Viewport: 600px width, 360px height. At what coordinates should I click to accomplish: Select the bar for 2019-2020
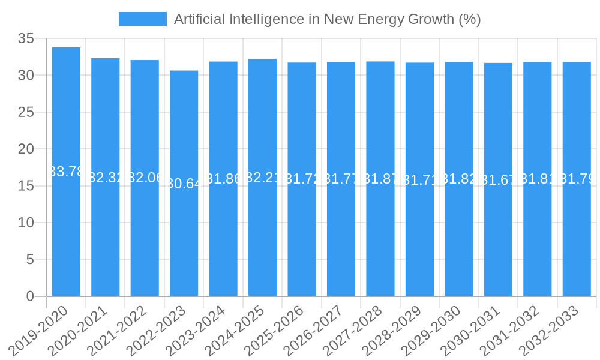click(66, 228)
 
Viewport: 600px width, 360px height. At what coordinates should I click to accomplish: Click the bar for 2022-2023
click(184, 240)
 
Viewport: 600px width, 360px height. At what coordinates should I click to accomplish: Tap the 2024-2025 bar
click(263, 234)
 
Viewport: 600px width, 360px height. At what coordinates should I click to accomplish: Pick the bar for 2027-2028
click(380, 234)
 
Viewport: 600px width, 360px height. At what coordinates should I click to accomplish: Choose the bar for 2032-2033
click(577, 234)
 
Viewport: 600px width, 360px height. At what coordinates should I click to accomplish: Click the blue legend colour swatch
click(143, 19)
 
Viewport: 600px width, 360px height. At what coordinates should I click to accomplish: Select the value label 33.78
click(66, 172)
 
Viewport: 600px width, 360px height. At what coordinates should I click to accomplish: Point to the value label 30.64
click(184, 183)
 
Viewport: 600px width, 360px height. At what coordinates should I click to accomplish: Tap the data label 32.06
click(145, 178)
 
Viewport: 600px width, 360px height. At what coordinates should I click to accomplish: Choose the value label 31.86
click(223, 178)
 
